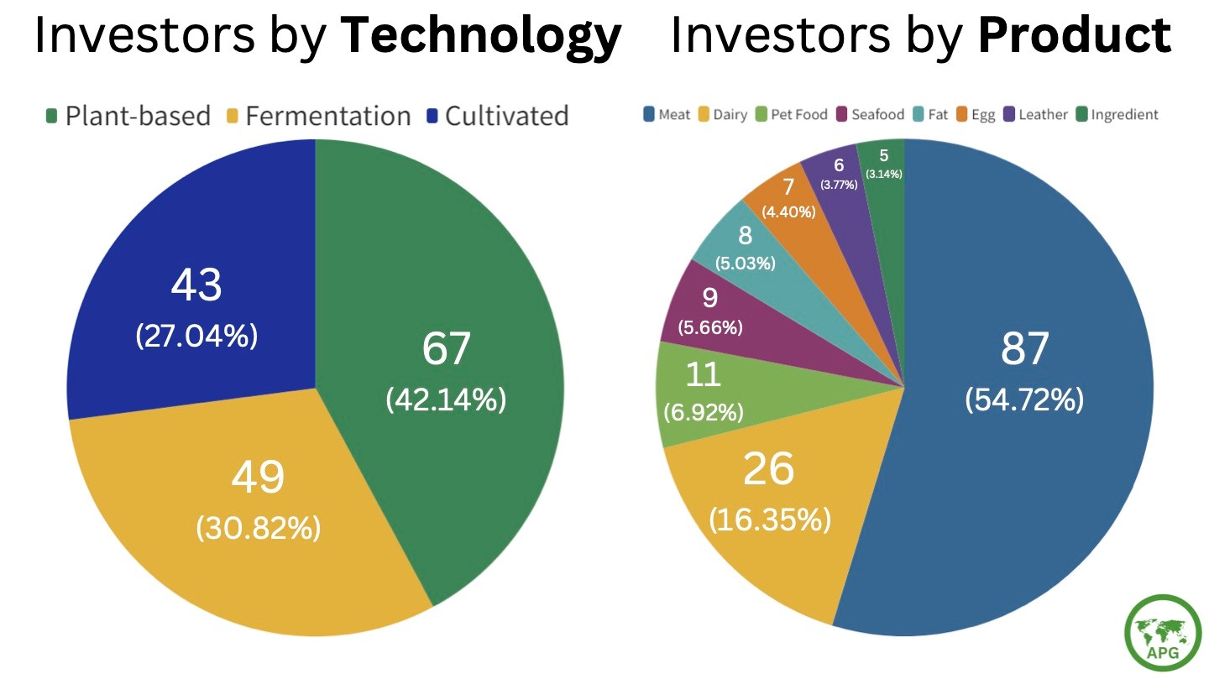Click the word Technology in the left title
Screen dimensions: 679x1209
pyautogui.click(x=481, y=36)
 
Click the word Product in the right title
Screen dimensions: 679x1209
pyautogui.click(x=1075, y=36)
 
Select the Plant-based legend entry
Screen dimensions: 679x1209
pyautogui.click(x=127, y=116)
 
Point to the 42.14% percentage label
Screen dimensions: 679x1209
pyautogui.click(x=446, y=400)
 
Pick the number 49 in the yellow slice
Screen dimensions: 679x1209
pyautogui.click(x=258, y=477)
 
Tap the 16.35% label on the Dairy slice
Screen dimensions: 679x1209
pyautogui.click(x=770, y=520)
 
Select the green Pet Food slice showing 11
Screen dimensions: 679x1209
pyautogui.click(x=704, y=390)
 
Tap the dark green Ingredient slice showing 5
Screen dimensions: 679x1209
pyautogui.click(x=884, y=164)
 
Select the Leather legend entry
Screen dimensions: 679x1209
pyautogui.click(x=1035, y=114)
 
